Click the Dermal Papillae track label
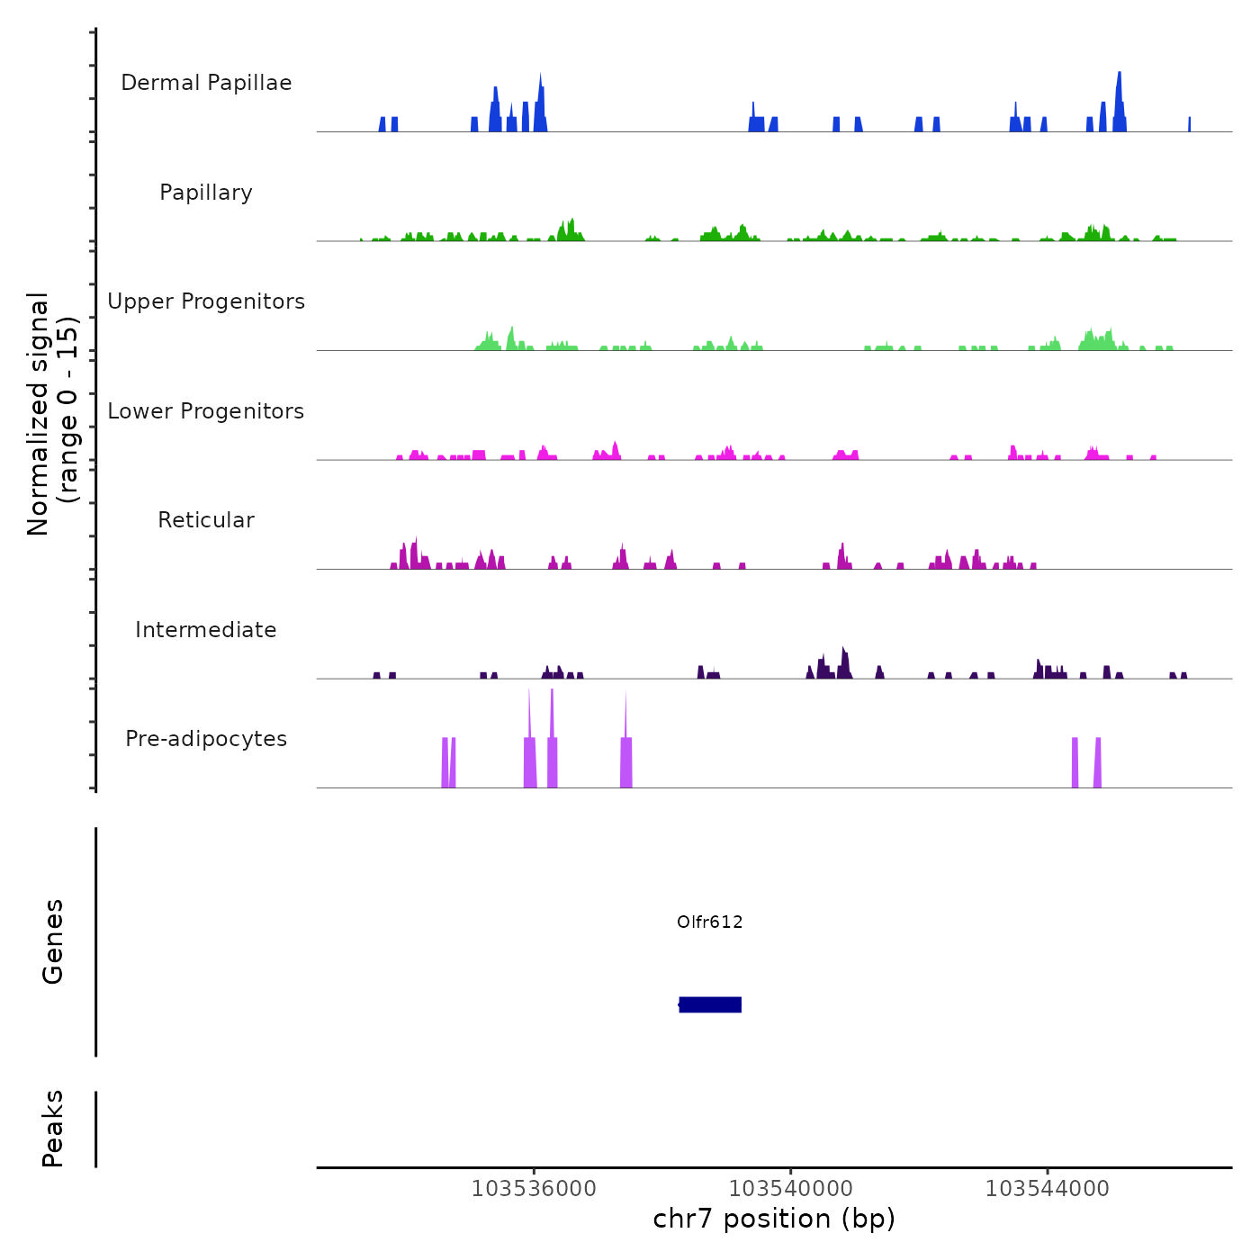click(206, 83)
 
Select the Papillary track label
click(206, 193)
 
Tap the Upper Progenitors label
click(206, 301)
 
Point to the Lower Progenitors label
click(206, 411)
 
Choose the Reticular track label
click(206, 520)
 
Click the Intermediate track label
click(206, 630)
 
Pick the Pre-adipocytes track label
click(206, 739)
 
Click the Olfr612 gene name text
click(710, 922)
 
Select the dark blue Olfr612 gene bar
click(710, 1004)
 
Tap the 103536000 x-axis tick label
click(534, 1189)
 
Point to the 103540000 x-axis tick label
click(791, 1189)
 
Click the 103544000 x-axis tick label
click(1048, 1189)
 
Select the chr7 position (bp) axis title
click(774, 1219)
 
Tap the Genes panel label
click(53, 941)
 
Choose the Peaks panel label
click(53, 1129)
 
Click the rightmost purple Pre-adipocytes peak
click(1097, 763)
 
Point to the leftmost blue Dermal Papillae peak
click(382, 124)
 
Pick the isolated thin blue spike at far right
click(1189, 124)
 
